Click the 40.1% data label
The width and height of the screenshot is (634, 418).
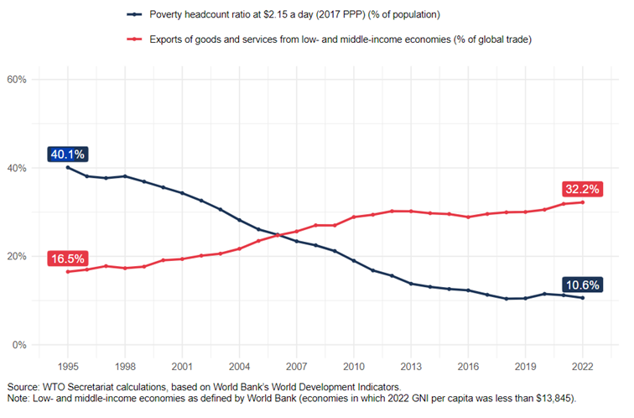pyautogui.click(x=67, y=154)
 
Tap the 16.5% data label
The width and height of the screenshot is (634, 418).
pyautogui.click(x=67, y=259)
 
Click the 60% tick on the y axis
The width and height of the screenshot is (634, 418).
pyautogui.click(x=18, y=80)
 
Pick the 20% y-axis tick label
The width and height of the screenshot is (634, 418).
pyautogui.click(x=18, y=257)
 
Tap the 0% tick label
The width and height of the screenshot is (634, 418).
pyautogui.click(x=20, y=345)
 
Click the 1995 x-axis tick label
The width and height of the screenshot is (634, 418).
pyautogui.click(x=68, y=367)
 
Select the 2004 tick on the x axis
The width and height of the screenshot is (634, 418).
pyautogui.click(x=239, y=367)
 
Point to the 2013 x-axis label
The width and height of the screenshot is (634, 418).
pyautogui.click(x=411, y=367)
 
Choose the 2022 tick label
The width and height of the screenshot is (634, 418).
pyautogui.click(x=582, y=367)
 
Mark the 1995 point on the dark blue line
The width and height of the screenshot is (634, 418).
pyautogui.click(x=68, y=168)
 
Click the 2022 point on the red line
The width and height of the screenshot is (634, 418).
pyautogui.click(x=582, y=202)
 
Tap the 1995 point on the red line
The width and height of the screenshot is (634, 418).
pyautogui.click(x=68, y=272)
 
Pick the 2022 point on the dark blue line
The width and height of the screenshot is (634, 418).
pyautogui.click(x=582, y=298)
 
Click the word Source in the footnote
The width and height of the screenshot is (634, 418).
pyautogui.click(x=22, y=385)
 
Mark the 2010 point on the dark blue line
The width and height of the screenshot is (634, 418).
pyautogui.click(x=354, y=261)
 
